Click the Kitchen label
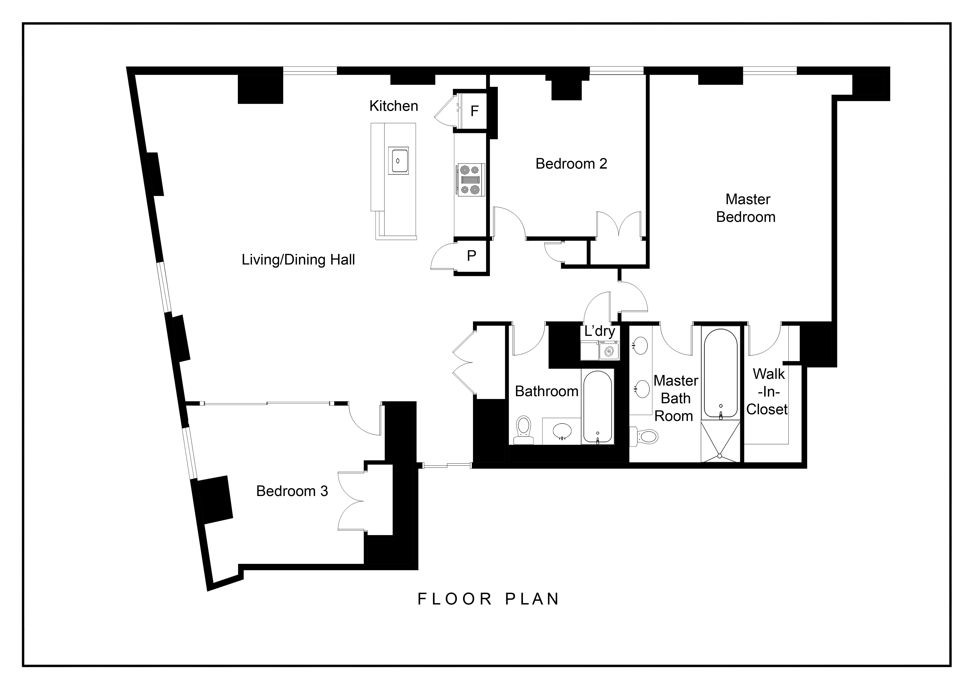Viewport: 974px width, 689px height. tap(394, 106)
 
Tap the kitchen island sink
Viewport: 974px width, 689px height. tap(398, 161)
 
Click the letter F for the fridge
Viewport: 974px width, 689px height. tap(475, 111)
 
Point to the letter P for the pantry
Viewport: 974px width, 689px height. tap(471, 255)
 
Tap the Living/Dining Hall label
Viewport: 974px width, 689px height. tap(298, 260)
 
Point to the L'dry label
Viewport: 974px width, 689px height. tap(599, 331)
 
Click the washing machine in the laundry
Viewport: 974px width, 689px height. tap(609, 351)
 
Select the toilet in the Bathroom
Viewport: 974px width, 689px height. tap(524, 429)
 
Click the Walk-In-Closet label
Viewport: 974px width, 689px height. tap(767, 392)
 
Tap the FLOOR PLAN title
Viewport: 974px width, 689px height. tap(488, 599)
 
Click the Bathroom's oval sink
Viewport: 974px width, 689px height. tap(562, 431)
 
